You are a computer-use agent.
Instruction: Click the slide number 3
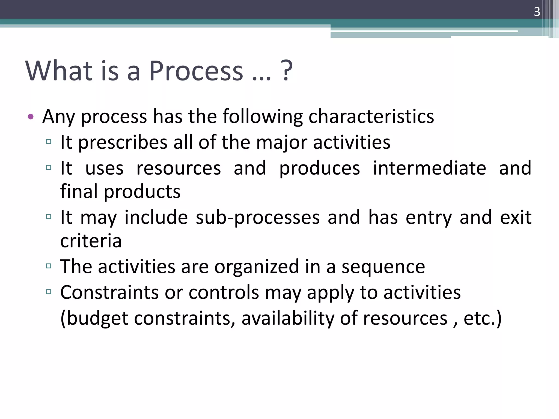coord(537,12)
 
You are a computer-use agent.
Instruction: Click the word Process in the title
coord(196,71)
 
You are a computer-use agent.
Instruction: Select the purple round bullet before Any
coord(31,117)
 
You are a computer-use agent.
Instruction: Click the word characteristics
coord(371,116)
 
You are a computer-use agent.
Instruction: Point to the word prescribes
coord(123,143)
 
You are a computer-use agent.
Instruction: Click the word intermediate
coord(429,168)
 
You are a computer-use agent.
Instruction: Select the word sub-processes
coord(258,218)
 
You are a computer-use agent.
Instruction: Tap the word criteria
coord(91,241)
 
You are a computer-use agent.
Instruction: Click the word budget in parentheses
coord(97,318)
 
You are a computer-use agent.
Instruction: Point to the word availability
coord(288,318)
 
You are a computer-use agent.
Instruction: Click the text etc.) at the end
coord(482,318)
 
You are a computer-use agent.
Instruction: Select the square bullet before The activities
coord(49,266)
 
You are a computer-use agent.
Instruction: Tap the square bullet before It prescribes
coord(49,142)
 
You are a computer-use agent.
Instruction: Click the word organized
coord(257,267)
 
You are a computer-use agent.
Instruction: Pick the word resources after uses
coord(179,168)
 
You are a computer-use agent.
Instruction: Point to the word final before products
coord(79,191)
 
